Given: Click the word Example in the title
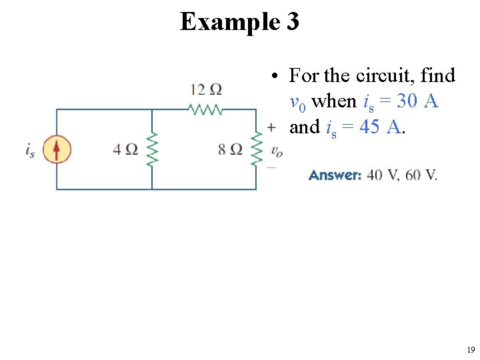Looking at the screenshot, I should coord(228,22).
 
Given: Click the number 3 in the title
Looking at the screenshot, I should coord(293,22).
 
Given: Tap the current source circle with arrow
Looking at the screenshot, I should coord(57,149).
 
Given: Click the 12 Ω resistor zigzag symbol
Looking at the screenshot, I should coord(206,109).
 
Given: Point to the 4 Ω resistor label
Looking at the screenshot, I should coord(125,149).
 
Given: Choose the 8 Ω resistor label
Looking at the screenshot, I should coord(230,149).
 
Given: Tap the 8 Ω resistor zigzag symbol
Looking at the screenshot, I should coord(255,149).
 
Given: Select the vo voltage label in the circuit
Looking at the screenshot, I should coord(276,151).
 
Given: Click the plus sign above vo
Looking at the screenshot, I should coord(271,127).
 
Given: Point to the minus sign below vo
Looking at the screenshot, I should coord(271,167).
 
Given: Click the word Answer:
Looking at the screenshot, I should coord(335,175).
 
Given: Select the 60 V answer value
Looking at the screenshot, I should coord(421,175).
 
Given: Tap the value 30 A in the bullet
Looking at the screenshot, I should coord(417,101).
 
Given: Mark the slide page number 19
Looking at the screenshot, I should coord(471,349).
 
